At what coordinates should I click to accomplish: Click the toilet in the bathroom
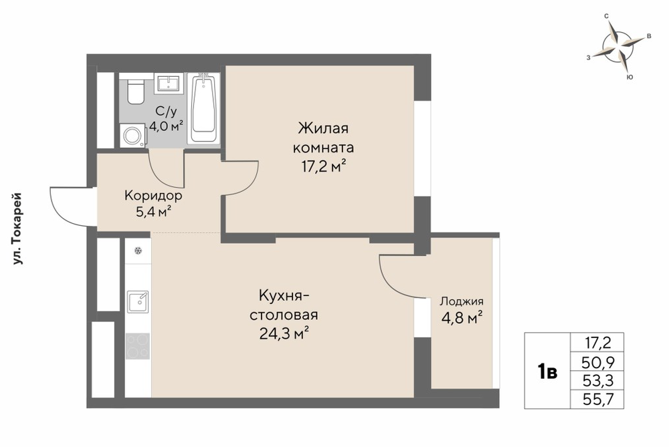136,91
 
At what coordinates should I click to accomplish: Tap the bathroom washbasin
169,83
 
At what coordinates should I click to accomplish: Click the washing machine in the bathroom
132,136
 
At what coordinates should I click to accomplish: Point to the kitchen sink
138,302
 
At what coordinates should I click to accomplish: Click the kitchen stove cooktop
138,346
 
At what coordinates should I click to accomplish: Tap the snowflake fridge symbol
138,251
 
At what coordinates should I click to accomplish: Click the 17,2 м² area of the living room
323,166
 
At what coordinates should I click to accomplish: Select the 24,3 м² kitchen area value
284,333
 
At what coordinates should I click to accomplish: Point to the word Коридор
154,196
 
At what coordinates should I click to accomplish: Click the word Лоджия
462,302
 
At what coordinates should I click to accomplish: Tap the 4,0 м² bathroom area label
166,126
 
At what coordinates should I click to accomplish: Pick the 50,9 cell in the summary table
597,362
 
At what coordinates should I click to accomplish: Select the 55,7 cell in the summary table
597,400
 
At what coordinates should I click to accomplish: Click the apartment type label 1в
547,372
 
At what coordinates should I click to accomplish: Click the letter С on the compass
606,16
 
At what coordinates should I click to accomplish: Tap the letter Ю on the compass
630,77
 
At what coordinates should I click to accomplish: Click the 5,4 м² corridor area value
154,211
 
